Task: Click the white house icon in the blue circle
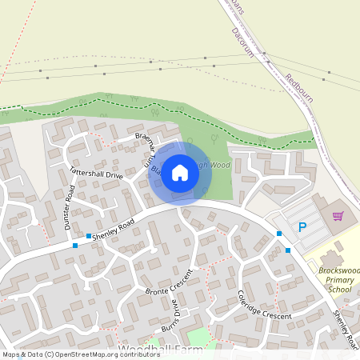180,172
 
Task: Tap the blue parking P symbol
302,227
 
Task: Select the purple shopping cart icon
338,215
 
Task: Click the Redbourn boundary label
298,89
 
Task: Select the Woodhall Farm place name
157,350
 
